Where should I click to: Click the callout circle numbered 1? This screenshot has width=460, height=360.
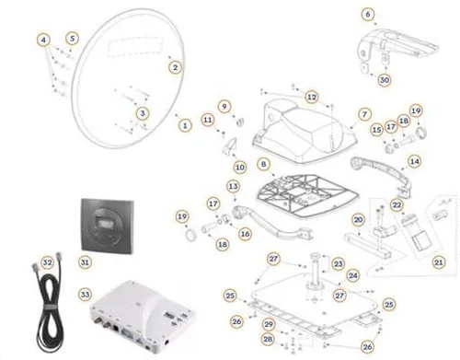pos(184,123)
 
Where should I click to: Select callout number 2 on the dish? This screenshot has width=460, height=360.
pos(176,66)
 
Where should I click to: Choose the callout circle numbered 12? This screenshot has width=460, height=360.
pos(312,96)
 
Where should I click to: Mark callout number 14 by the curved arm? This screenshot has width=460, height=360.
pos(415,160)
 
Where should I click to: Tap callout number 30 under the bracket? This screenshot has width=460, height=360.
pos(385,80)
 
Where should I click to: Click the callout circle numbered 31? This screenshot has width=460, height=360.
pos(85,262)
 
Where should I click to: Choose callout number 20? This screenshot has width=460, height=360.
pos(359,220)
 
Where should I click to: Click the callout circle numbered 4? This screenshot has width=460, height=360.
pos(42,39)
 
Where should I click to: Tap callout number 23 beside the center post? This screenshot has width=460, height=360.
pos(339,264)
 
